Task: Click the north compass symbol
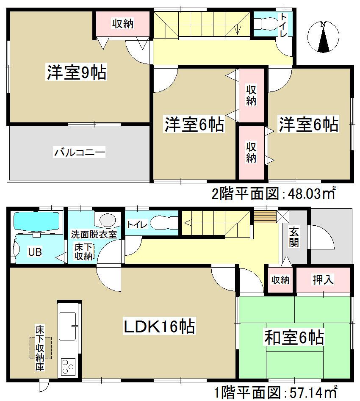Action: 323,37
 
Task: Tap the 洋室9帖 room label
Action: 76,73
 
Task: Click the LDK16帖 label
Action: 159,326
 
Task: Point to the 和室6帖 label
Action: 294,337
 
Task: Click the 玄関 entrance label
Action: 293,237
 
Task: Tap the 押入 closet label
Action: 323,279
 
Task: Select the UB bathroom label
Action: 35,252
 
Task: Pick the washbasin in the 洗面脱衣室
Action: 106,221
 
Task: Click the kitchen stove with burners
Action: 68,366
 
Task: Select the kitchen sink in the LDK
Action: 67,326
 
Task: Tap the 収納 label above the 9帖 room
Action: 123,24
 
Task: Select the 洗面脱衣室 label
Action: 94,234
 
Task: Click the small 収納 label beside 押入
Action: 280,279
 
